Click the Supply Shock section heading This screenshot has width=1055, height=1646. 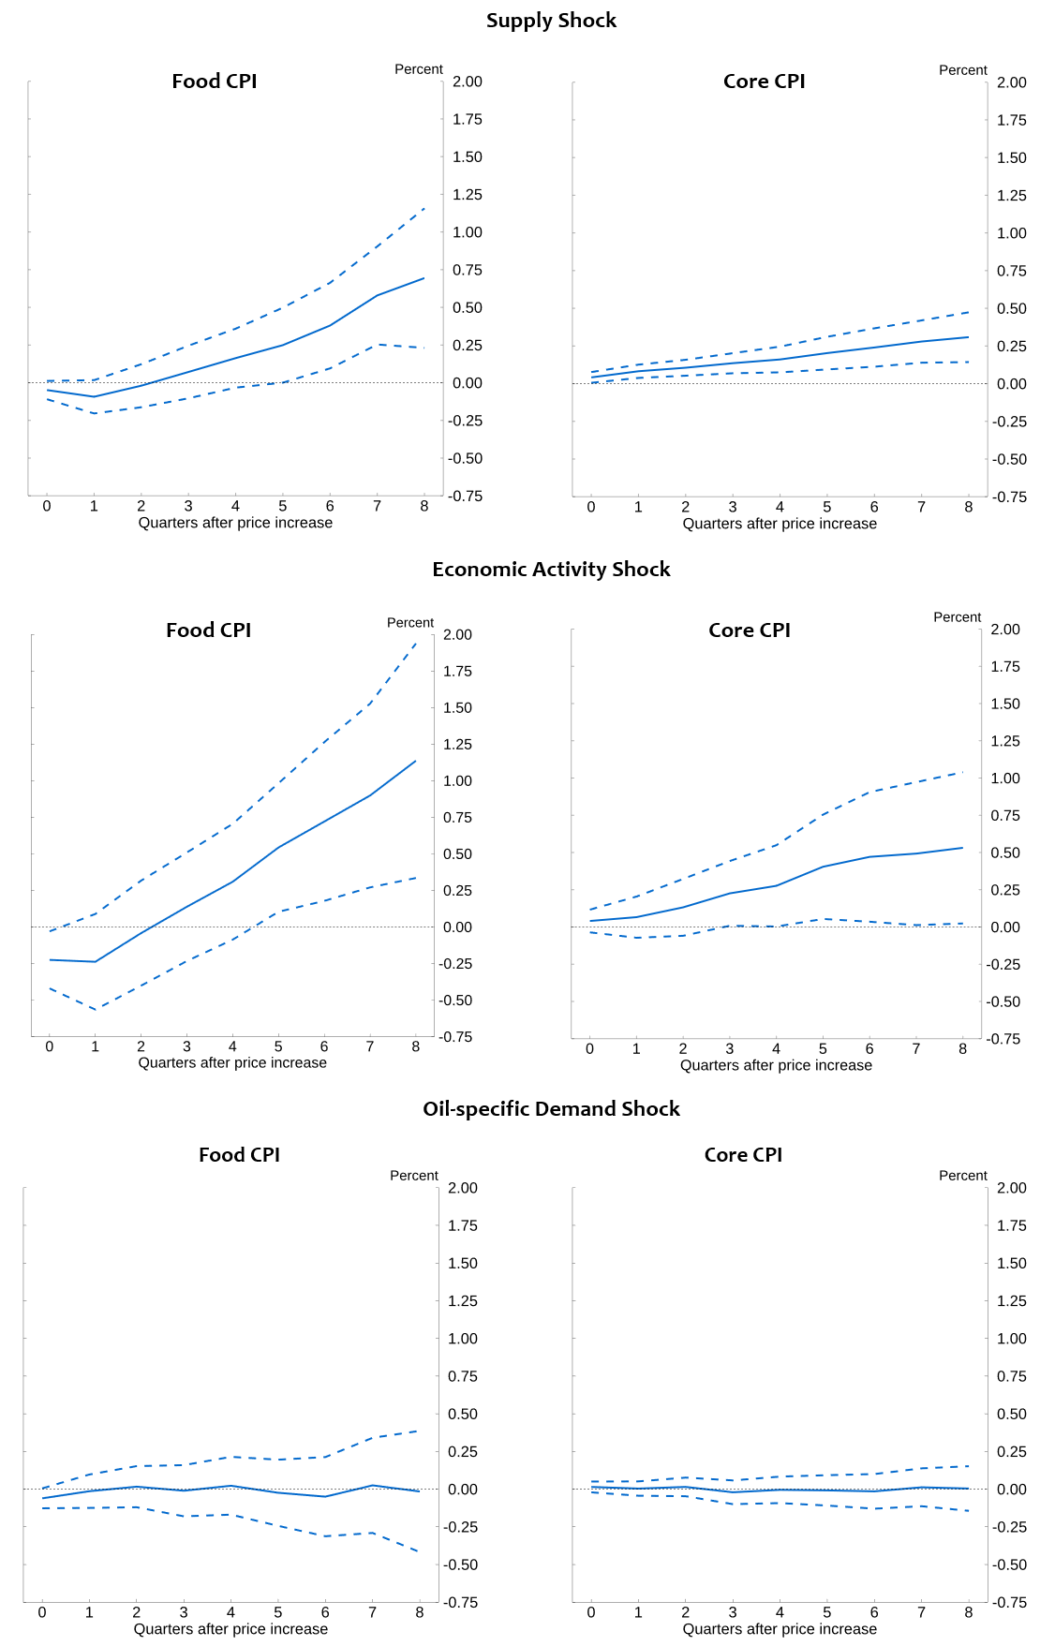tap(551, 21)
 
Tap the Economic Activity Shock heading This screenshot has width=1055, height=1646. tap(551, 570)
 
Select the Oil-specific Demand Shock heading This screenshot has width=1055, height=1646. tap(551, 1109)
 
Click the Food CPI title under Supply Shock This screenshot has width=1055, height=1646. tap(215, 82)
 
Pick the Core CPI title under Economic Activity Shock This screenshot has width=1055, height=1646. tap(750, 630)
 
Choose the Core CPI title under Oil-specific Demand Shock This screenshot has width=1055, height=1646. tap(743, 1155)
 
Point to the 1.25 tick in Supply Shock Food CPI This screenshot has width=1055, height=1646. tap(467, 195)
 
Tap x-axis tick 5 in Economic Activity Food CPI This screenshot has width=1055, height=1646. tap(278, 1046)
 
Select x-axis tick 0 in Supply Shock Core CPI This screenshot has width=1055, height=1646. tap(591, 507)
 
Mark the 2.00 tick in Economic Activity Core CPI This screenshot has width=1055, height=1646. tap(1005, 630)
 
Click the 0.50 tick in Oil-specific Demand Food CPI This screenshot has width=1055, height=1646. tap(463, 1414)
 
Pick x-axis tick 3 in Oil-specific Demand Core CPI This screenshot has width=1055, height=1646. tap(733, 1612)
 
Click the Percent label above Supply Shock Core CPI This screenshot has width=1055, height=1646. tap(963, 70)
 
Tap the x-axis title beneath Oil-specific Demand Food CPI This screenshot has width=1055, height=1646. tap(230, 1629)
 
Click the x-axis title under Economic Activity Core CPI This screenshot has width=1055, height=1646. tap(776, 1065)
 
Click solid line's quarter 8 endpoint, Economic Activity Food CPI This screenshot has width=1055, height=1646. tap(416, 761)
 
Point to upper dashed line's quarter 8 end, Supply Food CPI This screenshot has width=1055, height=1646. tap(424, 208)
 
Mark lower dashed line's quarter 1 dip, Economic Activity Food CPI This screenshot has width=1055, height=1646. tap(96, 1009)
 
